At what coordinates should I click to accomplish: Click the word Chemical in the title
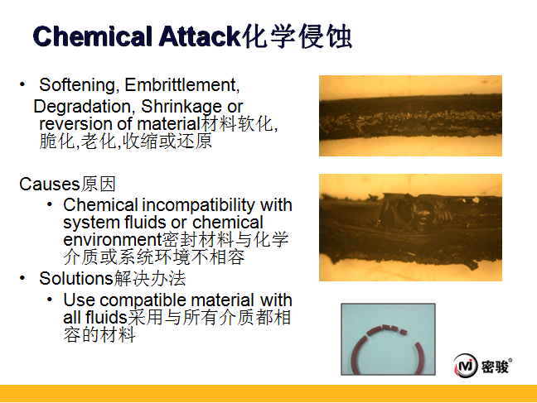point(92,36)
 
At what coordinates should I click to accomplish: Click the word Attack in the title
point(200,36)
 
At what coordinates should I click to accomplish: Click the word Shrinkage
point(181,107)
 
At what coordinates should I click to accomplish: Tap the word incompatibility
point(198,205)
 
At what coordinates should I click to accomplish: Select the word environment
point(113,240)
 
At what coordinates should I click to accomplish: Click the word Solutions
point(76,278)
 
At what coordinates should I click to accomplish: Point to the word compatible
point(143,300)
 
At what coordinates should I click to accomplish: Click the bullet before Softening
point(22,84)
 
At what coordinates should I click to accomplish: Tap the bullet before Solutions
point(22,278)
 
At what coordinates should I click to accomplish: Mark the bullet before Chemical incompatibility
point(50,204)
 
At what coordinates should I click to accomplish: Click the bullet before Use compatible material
point(50,300)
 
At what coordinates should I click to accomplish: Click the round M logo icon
point(465,366)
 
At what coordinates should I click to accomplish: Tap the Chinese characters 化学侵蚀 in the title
point(297,36)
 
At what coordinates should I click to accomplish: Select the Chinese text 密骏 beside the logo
point(495,367)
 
